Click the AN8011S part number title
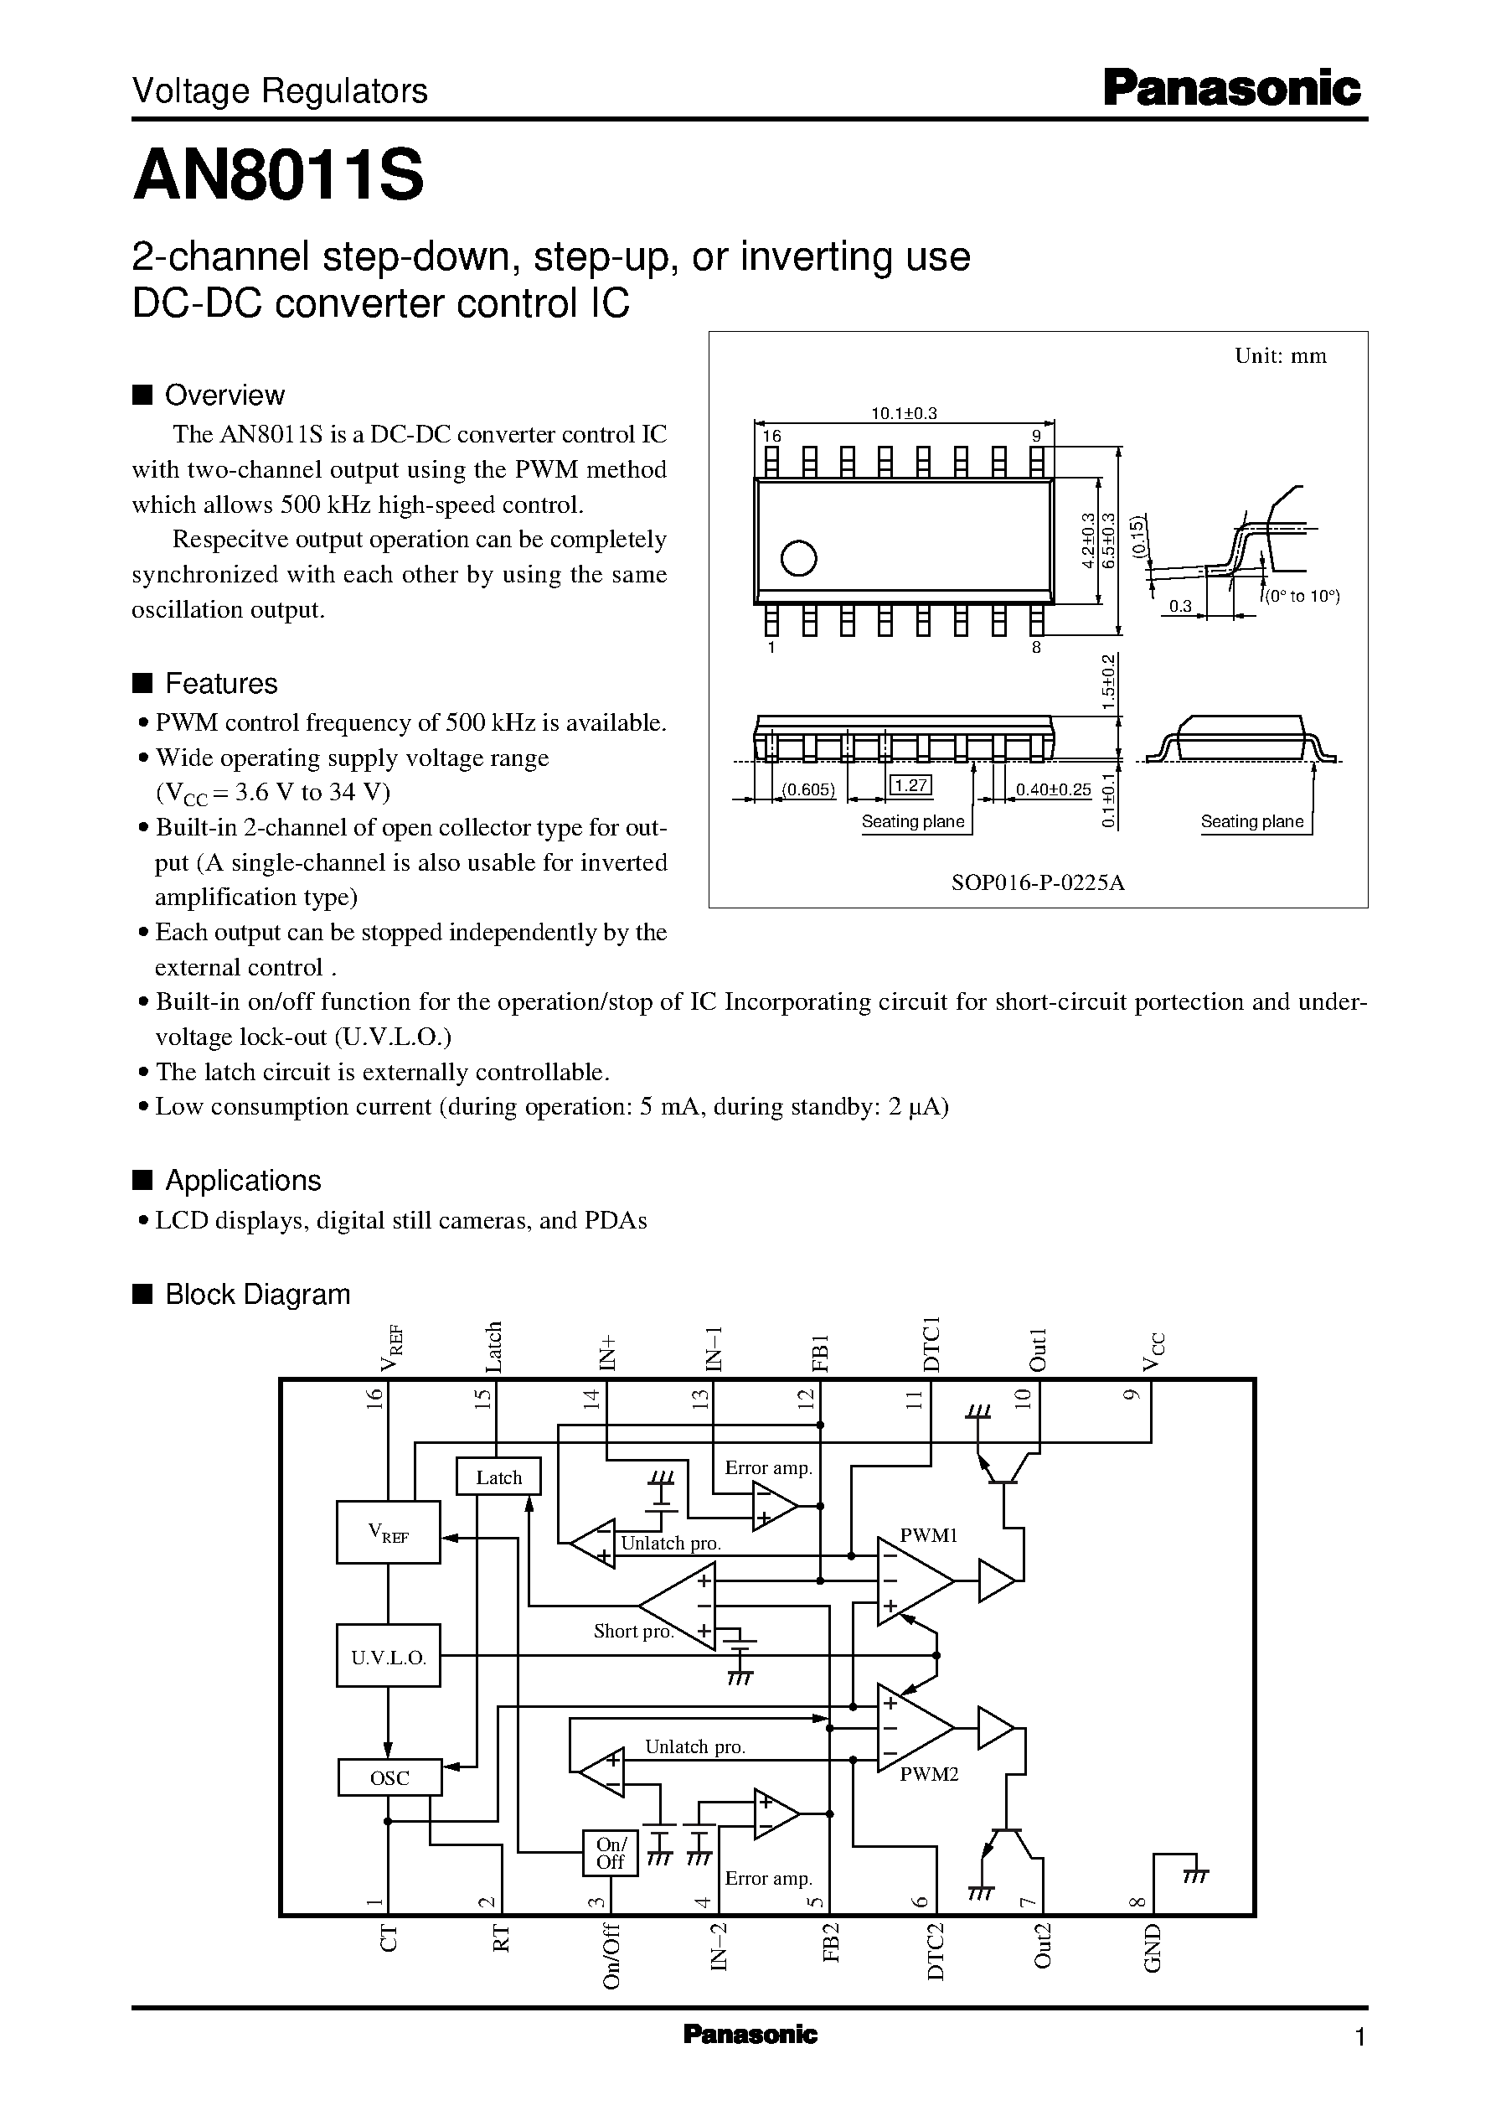click(278, 177)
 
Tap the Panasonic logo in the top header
click(1232, 90)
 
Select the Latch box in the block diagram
click(498, 1477)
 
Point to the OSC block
click(389, 1777)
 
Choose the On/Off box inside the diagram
click(610, 1853)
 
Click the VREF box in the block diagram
click(388, 1533)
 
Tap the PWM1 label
click(928, 1536)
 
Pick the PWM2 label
click(929, 1774)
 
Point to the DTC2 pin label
click(936, 1951)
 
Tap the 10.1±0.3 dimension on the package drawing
click(904, 413)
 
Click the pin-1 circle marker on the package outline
click(798, 557)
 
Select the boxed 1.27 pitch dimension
click(910, 786)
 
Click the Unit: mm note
click(1280, 356)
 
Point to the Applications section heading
click(242, 1181)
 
